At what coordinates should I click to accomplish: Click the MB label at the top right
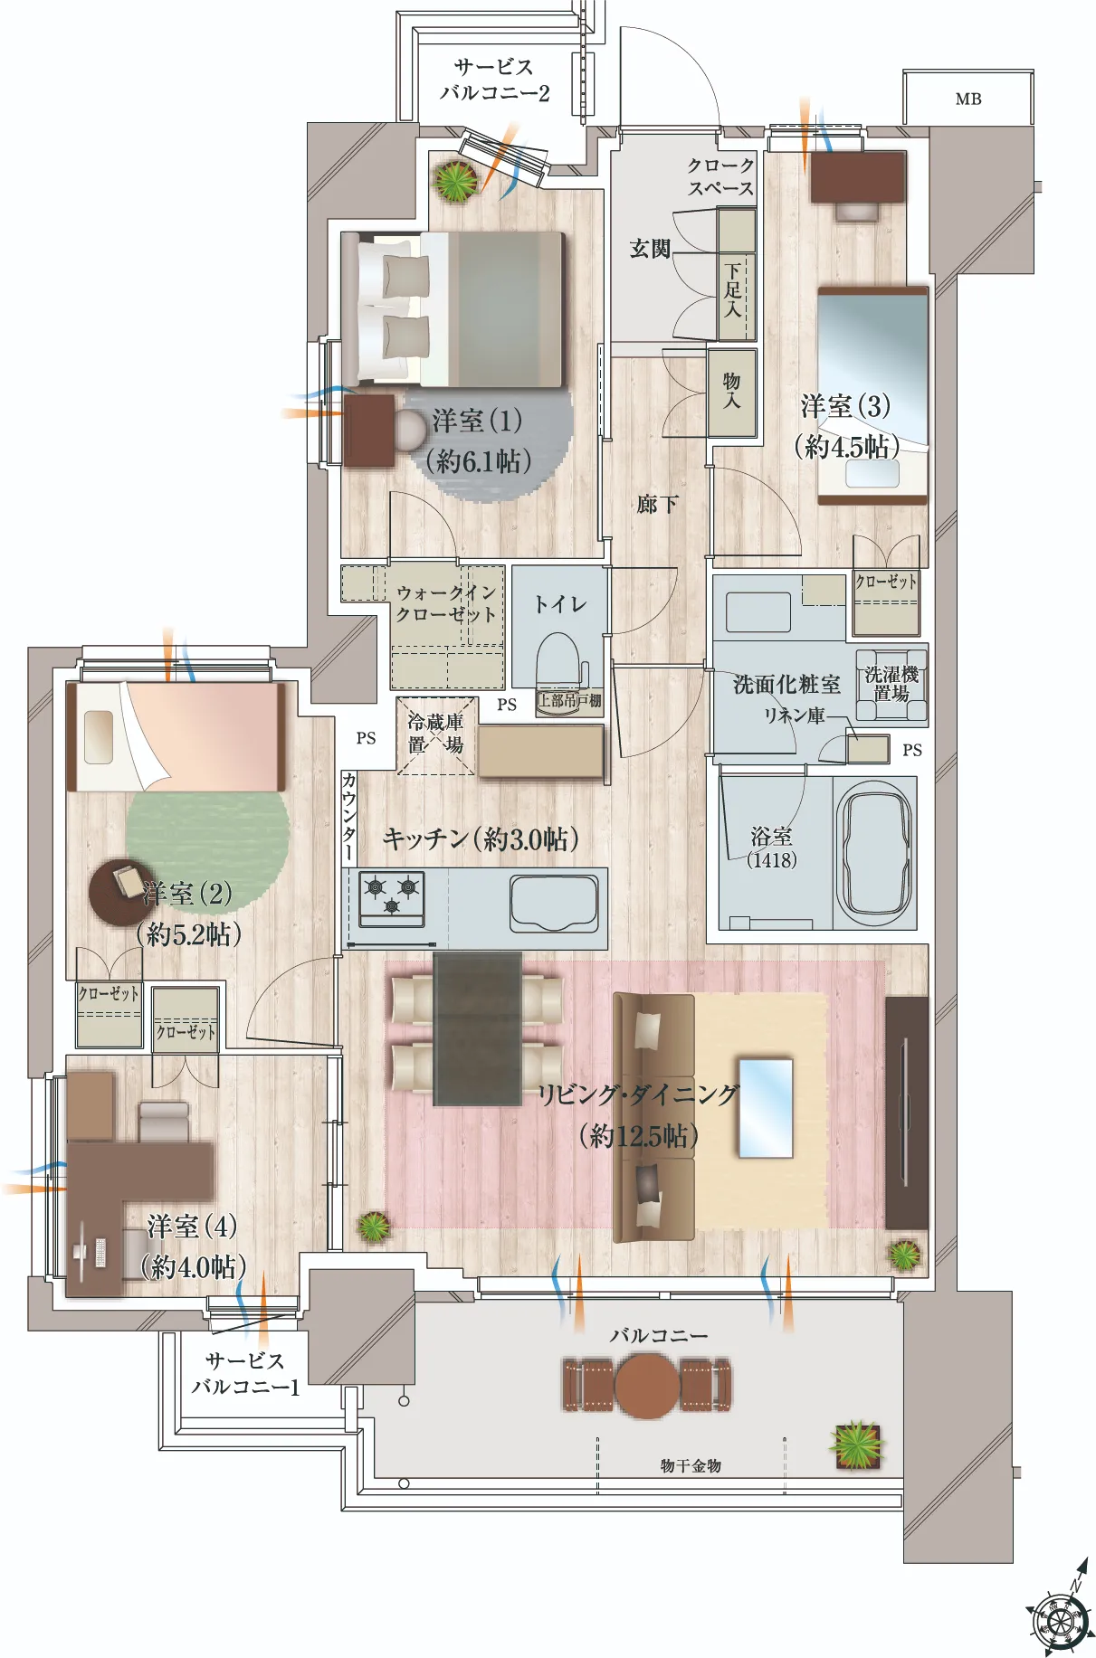(967, 99)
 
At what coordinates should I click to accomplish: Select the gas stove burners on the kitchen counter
(392, 898)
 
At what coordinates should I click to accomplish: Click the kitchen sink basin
(554, 903)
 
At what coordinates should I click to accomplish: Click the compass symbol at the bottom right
(1060, 1612)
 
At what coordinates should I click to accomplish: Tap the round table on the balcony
(647, 1386)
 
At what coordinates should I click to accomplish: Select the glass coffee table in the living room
(766, 1108)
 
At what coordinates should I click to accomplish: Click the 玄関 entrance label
(650, 248)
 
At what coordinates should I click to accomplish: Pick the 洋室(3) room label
(845, 406)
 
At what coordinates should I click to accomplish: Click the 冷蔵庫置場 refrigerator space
(436, 735)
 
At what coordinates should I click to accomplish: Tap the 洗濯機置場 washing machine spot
(891, 685)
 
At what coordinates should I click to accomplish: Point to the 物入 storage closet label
(731, 391)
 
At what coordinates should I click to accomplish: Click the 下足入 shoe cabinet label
(732, 289)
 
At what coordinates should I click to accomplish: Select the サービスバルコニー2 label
(495, 80)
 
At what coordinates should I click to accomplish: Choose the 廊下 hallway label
(657, 504)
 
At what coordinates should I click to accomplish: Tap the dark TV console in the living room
(907, 1113)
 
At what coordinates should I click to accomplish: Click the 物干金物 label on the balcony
(691, 1465)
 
